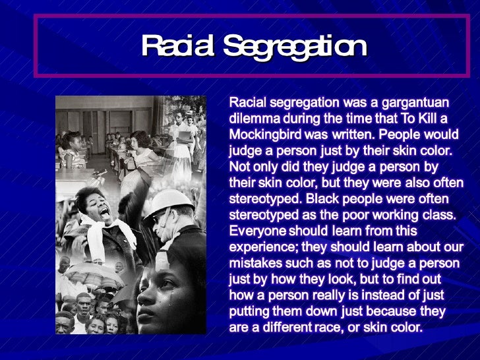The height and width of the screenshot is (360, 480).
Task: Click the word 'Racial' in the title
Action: point(177,47)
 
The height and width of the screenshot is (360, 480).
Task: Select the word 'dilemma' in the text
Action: point(253,119)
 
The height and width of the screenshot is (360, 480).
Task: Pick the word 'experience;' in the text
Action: point(262,247)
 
